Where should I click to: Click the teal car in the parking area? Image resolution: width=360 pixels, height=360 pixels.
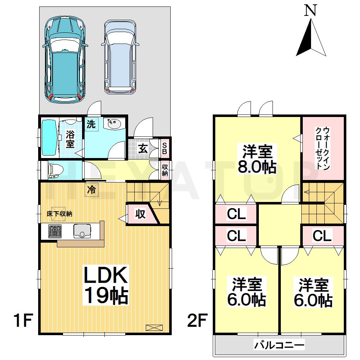(x=65, y=59)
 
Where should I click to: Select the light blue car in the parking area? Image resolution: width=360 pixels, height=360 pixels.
(x=120, y=57)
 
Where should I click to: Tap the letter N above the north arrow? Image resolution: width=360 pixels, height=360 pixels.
(x=311, y=10)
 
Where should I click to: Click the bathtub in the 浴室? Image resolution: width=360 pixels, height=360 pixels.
(x=50, y=138)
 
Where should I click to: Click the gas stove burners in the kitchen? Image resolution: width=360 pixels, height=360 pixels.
(x=55, y=231)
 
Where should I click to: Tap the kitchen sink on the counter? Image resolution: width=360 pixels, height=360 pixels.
(x=82, y=231)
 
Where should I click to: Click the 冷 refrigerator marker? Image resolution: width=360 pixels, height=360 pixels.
(x=91, y=190)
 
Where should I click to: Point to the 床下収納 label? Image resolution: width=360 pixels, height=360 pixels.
(x=59, y=214)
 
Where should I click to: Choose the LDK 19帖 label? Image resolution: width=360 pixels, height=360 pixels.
(x=106, y=285)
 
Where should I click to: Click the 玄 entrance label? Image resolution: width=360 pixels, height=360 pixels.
(x=143, y=149)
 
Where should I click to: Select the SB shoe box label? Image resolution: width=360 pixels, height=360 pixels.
(x=165, y=148)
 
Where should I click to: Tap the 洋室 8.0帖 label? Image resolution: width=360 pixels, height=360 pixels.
(x=257, y=159)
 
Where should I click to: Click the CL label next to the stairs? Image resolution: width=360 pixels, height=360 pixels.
(x=322, y=235)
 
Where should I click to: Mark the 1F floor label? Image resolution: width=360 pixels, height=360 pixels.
(x=23, y=320)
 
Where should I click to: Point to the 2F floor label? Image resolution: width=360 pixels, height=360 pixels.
(x=197, y=320)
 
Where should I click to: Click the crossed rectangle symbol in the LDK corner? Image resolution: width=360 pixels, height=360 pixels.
(x=154, y=328)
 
